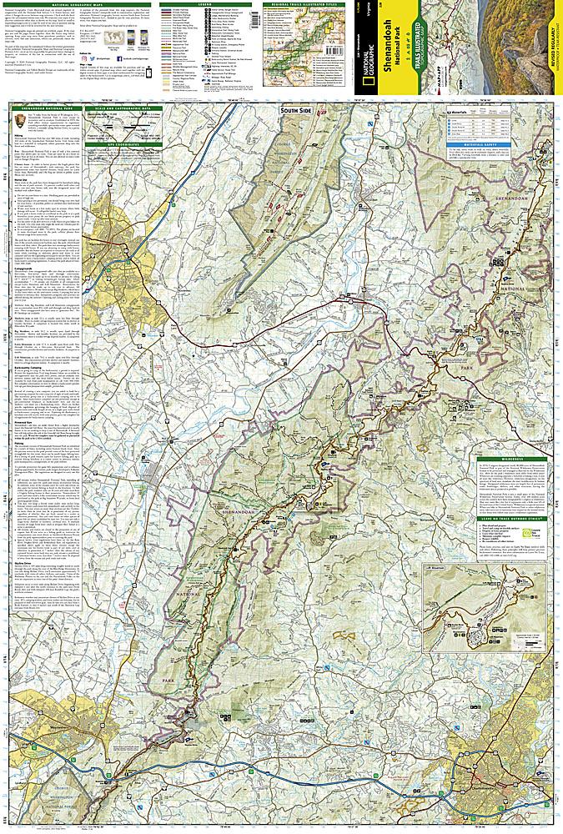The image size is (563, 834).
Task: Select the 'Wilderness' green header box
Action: coord(511,459)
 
